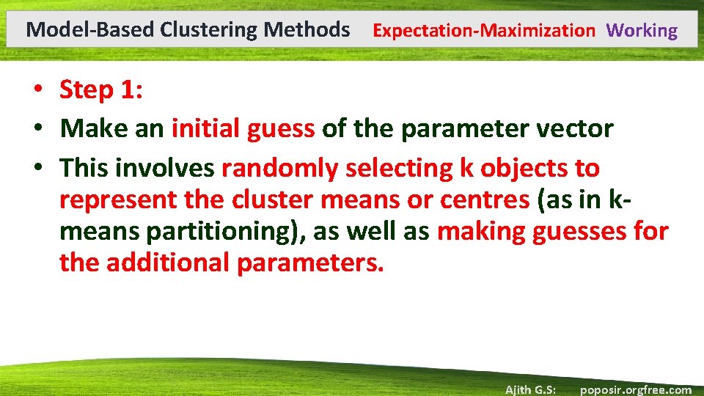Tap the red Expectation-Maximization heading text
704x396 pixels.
pyautogui.click(x=484, y=31)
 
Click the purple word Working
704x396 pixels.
pyautogui.click(x=642, y=31)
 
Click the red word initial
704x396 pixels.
pyautogui.click(x=206, y=129)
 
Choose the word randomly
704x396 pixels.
pyautogui.click(x=279, y=169)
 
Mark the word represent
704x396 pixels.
pyautogui.click(x=116, y=199)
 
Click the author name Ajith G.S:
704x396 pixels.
pyautogui.click(x=529, y=389)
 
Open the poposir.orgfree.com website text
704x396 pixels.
pyautogui.click(x=635, y=389)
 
